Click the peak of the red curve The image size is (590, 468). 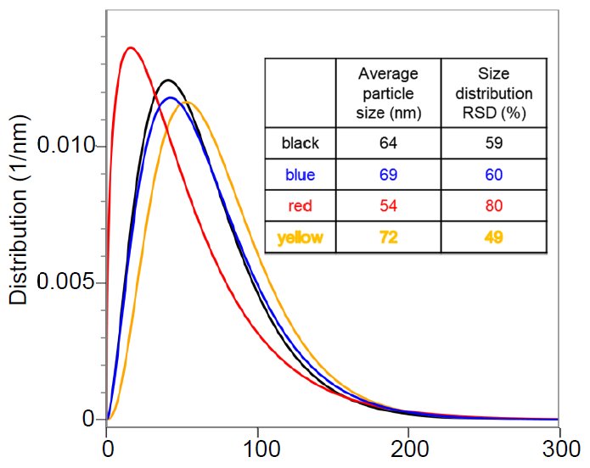tap(130, 47)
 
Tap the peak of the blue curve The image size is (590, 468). tap(172, 97)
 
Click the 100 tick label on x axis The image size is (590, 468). tap(257, 448)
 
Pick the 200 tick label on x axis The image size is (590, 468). tap(408, 448)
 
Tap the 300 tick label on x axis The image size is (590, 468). tap(559, 448)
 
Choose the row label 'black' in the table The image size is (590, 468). tap(300, 143)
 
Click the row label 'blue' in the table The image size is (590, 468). tap(300, 175)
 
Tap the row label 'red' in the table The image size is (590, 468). tap(300, 206)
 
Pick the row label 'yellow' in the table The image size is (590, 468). tap(300, 237)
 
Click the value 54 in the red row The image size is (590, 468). tap(388, 206)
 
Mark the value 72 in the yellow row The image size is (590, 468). tap(388, 237)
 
